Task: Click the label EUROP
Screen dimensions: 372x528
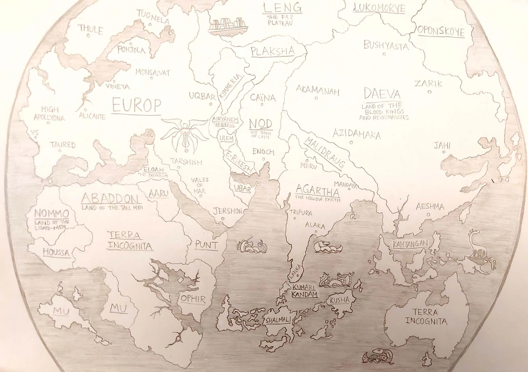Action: (136, 105)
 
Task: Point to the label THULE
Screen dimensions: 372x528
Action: (91, 30)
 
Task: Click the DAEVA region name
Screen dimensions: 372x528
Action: (382, 94)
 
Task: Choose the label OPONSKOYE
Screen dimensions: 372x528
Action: (440, 31)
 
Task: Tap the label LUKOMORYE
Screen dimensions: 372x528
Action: (379, 8)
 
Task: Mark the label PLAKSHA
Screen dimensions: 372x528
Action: (273, 51)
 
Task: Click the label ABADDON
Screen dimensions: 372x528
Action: (111, 197)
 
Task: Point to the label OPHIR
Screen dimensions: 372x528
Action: (193, 300)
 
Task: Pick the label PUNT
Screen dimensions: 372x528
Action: (206, 245)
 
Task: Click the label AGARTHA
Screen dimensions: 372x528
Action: (317, 191)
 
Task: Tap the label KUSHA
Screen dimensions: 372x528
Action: (342, 300)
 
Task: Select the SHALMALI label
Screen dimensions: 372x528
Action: (277, 321)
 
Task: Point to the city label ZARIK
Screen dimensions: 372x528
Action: (428, 84)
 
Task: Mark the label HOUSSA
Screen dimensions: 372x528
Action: (57, 252)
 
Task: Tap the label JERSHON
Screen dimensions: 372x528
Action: (227, 211)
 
